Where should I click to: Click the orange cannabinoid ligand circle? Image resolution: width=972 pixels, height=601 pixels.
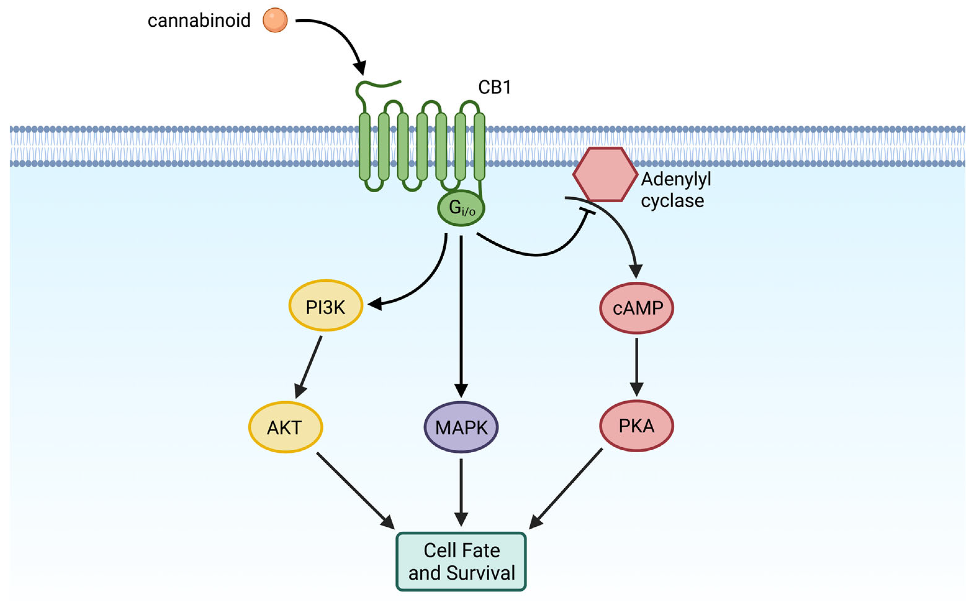(x=275, y=20)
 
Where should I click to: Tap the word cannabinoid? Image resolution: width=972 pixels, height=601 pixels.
(x=199, y=21)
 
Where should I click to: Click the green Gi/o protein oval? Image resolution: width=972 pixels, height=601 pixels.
(x=461, y=208)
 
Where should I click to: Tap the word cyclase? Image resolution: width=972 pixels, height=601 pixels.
(x=672, y=201)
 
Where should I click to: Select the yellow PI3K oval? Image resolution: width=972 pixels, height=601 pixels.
(x=325, y=305)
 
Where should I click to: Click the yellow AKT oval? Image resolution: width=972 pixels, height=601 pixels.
(x=285, y=427)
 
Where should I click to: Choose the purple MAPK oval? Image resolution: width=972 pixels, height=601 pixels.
(x=461, y=427)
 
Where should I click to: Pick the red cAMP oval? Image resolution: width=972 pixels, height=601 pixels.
(x=636, y=308)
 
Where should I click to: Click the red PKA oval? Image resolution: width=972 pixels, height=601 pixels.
(x=636, y=426)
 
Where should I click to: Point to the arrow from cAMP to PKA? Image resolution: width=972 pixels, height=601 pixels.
(x=636, y=366)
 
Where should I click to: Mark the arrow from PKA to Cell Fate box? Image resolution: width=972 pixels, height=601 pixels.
(x=566, y=489)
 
